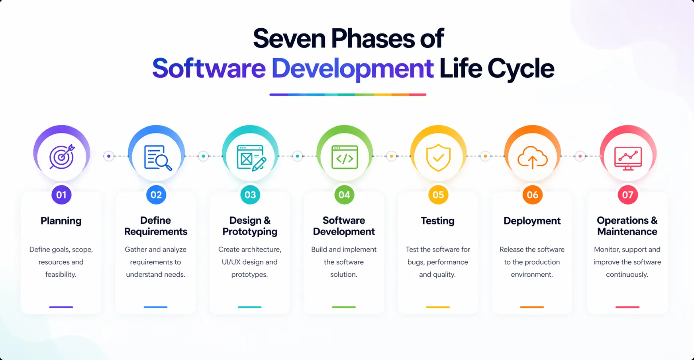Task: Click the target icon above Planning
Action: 62,156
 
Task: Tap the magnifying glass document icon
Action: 157,157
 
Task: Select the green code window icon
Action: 345,157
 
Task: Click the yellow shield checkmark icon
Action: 438,157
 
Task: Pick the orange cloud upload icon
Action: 532,157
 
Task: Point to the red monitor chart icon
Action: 628,158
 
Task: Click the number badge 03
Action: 250,195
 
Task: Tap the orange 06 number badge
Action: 532,195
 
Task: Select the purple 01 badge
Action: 61,195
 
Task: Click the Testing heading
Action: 437,221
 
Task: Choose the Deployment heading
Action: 532,221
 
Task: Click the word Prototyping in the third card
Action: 250,232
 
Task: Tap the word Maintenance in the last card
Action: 627,232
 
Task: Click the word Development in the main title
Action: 352,69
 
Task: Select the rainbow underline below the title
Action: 348,94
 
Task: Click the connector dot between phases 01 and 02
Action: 109,156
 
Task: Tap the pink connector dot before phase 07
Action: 580,156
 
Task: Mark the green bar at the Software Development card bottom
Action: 344,307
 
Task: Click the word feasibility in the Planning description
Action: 61,274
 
